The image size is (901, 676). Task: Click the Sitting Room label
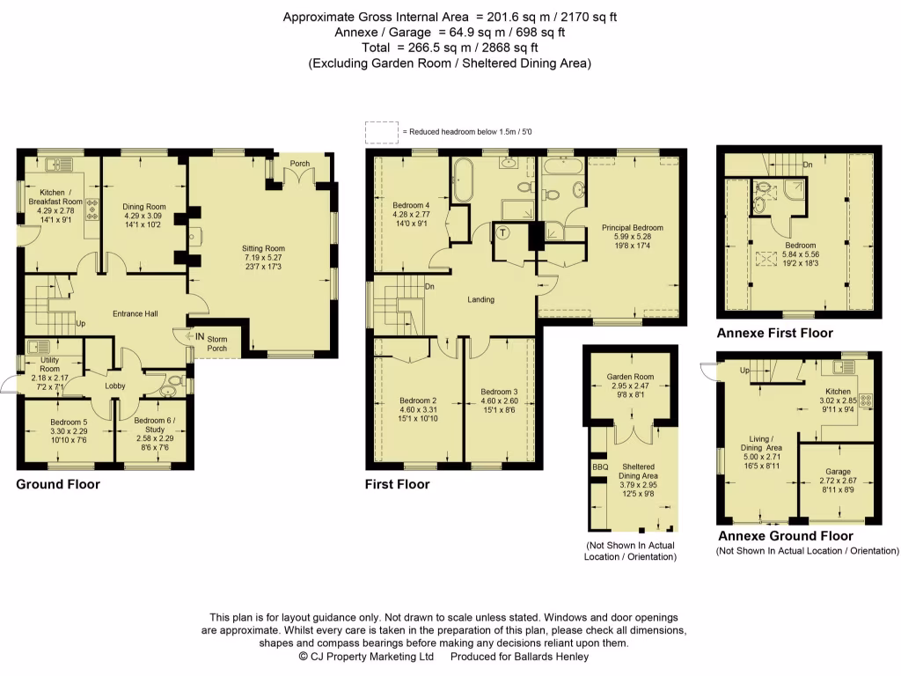tap(263, 248)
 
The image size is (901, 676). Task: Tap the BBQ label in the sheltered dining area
tap(600, 467)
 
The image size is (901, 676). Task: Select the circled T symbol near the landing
tap(502, 232)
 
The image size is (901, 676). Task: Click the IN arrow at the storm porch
tap(190, 336)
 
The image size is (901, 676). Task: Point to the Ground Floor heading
tap(58, 484)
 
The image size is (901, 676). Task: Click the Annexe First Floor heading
tap(774, 333)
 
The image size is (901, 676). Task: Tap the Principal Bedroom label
tap(632, 228)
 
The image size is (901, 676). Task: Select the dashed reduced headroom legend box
tap(382, 132)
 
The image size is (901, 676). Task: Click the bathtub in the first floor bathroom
tap(462, 179)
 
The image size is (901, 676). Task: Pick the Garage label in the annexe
tap(838, 472)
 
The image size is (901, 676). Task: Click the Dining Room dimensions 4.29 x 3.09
tap(143, 216)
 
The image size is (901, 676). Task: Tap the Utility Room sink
tap(39, 347)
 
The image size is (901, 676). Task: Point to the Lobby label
tap(115, 386)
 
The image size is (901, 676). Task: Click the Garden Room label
tap(630, 377)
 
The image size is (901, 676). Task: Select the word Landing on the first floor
tap(480, 299)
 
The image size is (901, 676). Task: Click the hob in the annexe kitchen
tap(866, 400)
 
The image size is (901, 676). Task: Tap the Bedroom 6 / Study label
tap(155, 425)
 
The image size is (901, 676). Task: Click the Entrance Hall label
tap(135, 314)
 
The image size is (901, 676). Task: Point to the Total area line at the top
tap(450, 48)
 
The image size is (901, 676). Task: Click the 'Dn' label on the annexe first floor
tap(808, 165)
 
